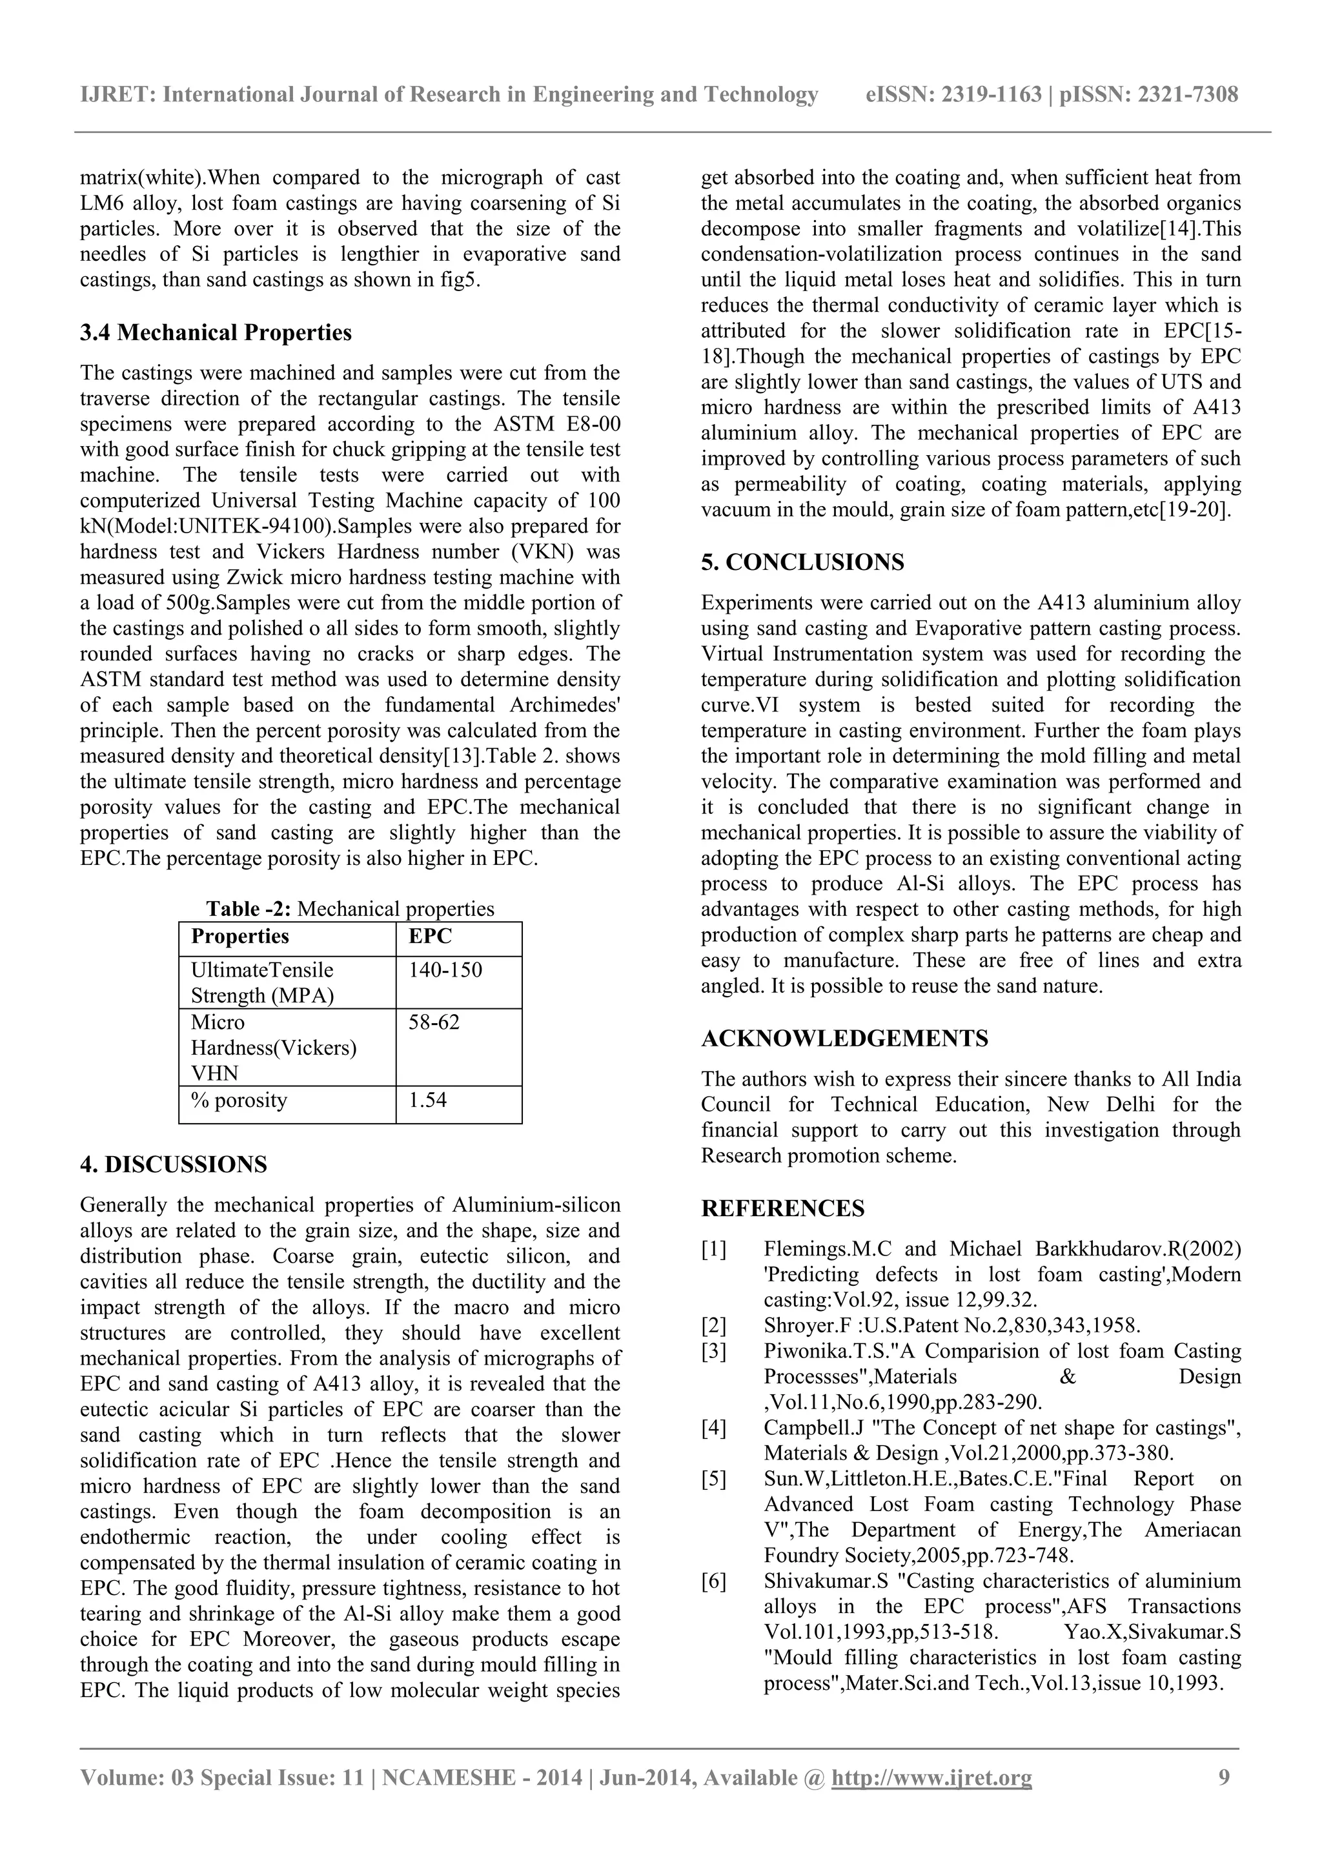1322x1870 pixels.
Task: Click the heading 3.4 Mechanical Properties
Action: tap(216, 332)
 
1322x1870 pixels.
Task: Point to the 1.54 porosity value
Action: tap(427, 1101)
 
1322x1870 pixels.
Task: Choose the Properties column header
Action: tap(239, 937)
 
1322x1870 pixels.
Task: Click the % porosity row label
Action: tap(239, 1101)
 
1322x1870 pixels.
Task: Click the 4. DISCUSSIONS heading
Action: tap(174, 1164)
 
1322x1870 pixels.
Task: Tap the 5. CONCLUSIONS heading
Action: tap(802, 562)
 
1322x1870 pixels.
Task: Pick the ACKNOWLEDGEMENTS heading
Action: tap(845, 1039)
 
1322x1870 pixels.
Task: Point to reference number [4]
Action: tap(713, 1428)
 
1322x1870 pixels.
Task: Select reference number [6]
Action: tap(713, 1581)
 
